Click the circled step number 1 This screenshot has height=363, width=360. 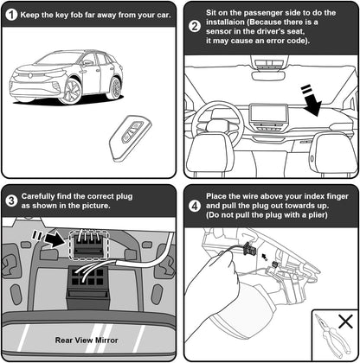12,15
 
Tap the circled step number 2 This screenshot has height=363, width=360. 195,27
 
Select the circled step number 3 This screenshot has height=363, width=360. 12,201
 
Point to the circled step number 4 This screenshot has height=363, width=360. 195,206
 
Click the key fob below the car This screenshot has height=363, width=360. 130,137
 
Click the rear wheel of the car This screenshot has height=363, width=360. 115,88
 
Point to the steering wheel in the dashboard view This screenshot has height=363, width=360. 218,122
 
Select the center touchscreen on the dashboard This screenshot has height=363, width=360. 268,113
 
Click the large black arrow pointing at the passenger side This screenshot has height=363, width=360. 312,100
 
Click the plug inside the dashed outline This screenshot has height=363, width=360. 89,245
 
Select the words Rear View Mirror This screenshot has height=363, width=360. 87,341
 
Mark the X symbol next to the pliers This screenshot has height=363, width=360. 345,322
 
